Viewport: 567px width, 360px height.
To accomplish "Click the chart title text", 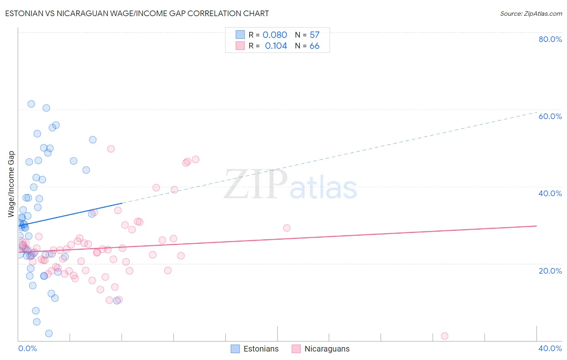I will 137,13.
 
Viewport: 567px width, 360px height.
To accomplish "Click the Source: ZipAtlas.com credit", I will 531,13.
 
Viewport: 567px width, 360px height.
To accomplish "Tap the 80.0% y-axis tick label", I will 550,39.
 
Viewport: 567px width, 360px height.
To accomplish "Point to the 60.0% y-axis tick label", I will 550,116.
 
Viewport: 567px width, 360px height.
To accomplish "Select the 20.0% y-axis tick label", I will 550,270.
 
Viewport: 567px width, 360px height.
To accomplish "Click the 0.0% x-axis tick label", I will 27,348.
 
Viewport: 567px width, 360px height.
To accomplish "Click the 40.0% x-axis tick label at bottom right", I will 550,348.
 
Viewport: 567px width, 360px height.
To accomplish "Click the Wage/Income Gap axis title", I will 11,184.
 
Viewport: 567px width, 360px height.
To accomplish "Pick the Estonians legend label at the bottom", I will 261,349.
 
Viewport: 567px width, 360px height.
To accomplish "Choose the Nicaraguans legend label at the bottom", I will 327,349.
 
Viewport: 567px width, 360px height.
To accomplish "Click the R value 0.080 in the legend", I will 275,35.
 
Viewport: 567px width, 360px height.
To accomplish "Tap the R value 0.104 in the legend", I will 276,46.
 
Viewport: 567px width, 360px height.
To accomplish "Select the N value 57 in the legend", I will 315,35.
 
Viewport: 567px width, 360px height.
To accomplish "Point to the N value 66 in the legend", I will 315,46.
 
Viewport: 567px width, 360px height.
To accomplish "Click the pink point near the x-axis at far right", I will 444,336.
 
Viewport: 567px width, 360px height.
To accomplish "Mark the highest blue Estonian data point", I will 31,104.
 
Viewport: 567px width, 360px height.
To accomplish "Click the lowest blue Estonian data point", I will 49,333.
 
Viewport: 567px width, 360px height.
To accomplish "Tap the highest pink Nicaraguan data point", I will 111,149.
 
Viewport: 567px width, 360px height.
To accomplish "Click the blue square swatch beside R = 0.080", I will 240,35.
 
